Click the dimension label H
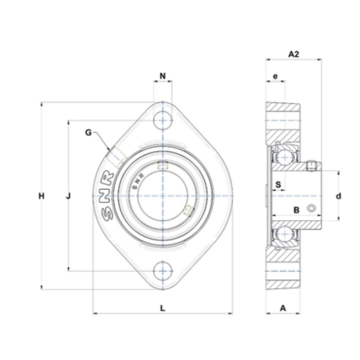pyautogui.click(x=41, y=196)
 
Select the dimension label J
pyautogui.click(x=68, y=196)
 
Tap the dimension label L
pyautogui.click(x=162, y=308)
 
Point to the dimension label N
pyautogui.click(x=162, y=76)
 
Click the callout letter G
pyautogui.click(x=88, y=132)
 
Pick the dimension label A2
pyautogui.click(x=293, y=54)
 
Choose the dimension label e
pyautogui.click(x=275, y=76)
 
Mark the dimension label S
pyautogui.click(x=278, y=184)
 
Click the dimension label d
pyautogui.click(x=338, y=196)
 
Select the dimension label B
pyautogui.click(x=296, y=210)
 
